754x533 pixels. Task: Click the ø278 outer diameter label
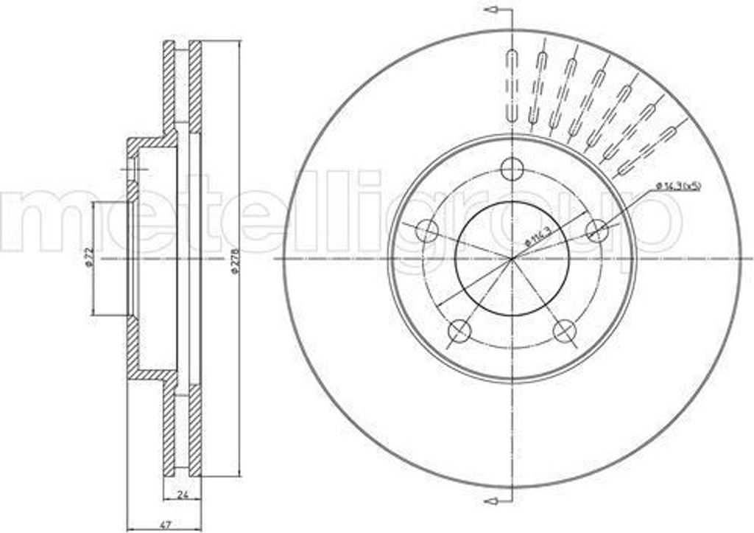pos(234,262)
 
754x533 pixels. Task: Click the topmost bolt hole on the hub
pos(511,169)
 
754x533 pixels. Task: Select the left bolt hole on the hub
pos(426,231)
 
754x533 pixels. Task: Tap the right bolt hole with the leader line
pos(597,231)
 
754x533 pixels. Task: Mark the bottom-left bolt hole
pos(459,330)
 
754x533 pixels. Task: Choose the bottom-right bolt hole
pos(565,330)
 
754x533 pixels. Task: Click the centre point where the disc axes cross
pos(512,259)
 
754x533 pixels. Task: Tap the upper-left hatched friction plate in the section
pos(169,88)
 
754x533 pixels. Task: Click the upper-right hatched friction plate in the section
pos(195,88)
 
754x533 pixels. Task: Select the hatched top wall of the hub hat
pos(151,141)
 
